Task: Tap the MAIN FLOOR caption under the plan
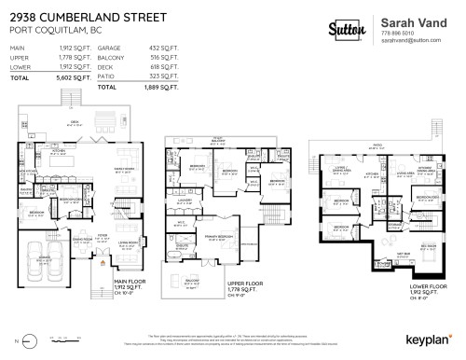coord(130,280)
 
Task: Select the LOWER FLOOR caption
coord(426,289)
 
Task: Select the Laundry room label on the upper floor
coord(184,200)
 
